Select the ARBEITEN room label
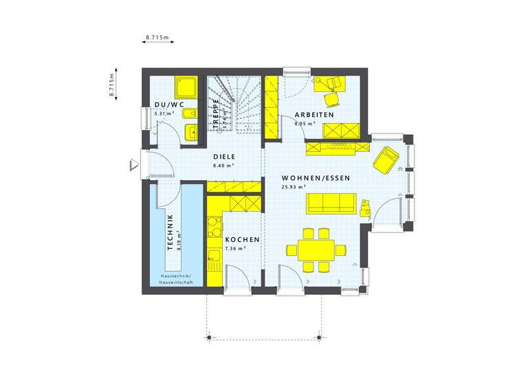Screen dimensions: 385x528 click(x=314, y=115)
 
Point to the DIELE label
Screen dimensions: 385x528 click(x=223, y=157)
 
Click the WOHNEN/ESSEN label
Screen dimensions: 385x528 click(x=316, y=178)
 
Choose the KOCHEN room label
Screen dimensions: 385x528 click(x=242, y=239)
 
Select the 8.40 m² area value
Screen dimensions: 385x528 click(x=223, y=166)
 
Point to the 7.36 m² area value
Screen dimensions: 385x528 click(x=236, y=248)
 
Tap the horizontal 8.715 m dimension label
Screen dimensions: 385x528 click(x=157, y=37)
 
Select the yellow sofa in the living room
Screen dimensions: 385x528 click(x=331, y=202)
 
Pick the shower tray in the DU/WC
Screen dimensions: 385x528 click(x=186, y=86)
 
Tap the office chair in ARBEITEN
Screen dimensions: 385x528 click(x=335, y=83)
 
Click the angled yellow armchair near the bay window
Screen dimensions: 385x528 click(x=385, y=159)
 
